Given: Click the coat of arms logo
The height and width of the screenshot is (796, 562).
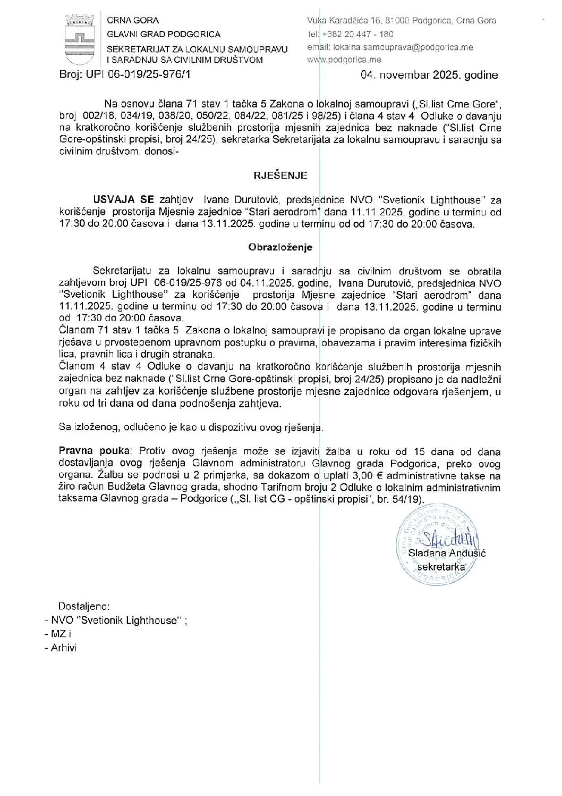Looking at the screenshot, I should pyautogui.click(x=79, y=40).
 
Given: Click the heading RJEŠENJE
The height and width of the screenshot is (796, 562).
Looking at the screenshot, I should pyautogui.click(x=280, y=175).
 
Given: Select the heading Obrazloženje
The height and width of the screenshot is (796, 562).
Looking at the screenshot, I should pyautogui.click(x=280, y=247).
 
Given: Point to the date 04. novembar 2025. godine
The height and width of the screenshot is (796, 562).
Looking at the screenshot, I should pyautogui.click(x=429, y=75).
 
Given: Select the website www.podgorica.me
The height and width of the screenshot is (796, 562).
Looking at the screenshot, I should pyautogui.click(x=344, y=60).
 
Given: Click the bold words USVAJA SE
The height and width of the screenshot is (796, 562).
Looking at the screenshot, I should pyautogui.click(x=124, y=200).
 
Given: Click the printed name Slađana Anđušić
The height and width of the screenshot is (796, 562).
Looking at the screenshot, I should pyautogui.click(x=447, y=553).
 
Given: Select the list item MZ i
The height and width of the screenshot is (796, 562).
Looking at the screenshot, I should pyautogui.click(x=61, y=634).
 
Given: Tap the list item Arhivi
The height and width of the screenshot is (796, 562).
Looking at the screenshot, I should pyautogui.click(x=64, y=648).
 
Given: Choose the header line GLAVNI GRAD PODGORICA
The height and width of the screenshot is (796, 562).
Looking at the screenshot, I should pyautogui.click(x=164, y=34).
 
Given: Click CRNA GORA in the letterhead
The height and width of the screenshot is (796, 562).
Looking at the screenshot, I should pyautogui.click(x=133, y=20).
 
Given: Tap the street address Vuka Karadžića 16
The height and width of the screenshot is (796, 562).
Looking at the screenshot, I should pyautogui.click(x=346, y=21).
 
